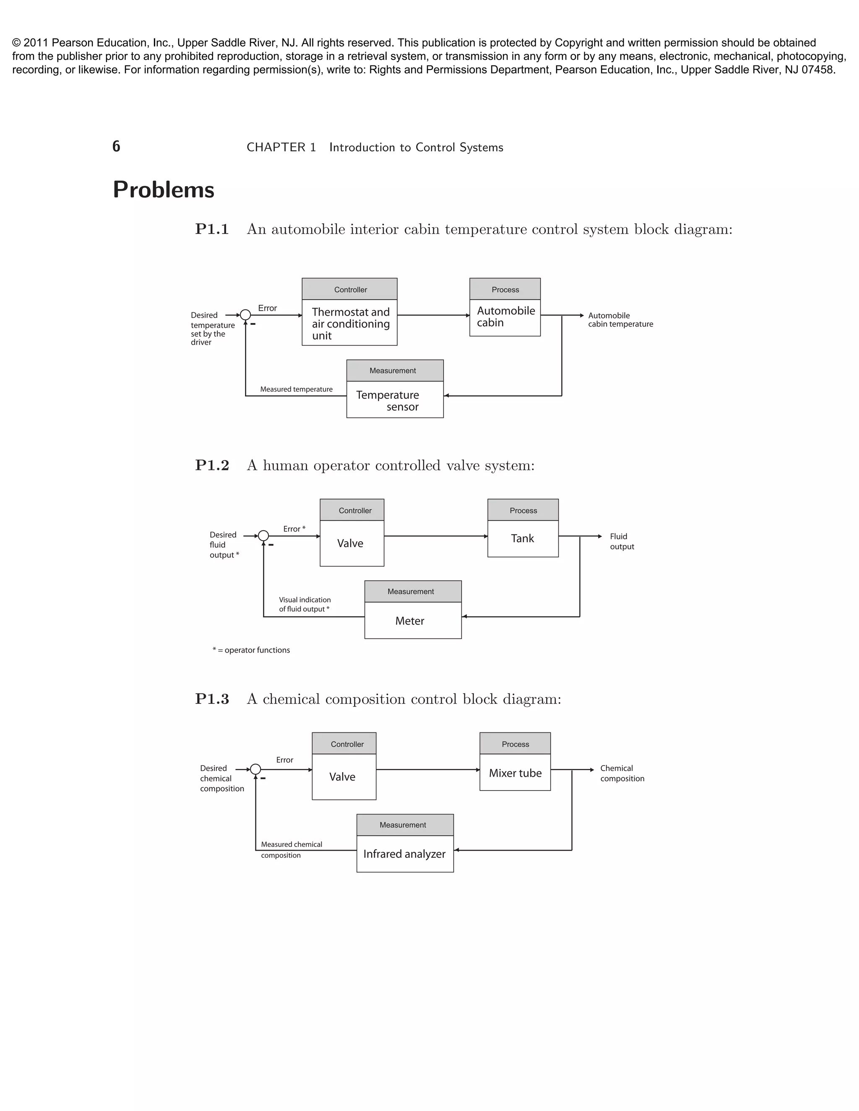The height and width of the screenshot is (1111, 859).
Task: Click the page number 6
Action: click(x=116, y=146)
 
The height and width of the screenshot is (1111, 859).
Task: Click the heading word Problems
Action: click(x=163, y=190)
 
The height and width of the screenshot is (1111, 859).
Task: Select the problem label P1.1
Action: click(x=212, y=229)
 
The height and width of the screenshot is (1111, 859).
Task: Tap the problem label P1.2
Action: click(x=212, y=465)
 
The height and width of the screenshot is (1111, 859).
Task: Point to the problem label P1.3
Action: click(x=212, y=699)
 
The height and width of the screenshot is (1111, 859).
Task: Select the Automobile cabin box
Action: click(x=505, y=317)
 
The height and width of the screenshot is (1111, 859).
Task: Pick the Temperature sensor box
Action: click(x=395, y=400)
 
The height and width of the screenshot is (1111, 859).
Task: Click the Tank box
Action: click(x=523, y=538)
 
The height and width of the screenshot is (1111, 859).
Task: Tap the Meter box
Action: click(x=413, y=620)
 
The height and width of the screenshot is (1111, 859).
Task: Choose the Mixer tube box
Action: click(x=515, y=773)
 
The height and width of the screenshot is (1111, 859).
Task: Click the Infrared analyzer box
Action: click(x=405, y=854)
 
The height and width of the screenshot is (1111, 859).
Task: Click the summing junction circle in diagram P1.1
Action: click(x=245, y=315)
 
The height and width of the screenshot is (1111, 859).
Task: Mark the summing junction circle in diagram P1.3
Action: click(x=255, y=770)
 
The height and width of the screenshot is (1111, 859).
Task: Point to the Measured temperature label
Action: click(x=296, y=389)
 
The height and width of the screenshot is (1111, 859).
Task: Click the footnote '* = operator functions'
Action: click(x=251, y=650)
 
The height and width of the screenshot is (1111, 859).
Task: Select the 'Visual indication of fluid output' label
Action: click(x=305, y=604)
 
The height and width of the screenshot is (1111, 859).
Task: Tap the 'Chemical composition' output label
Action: click(x=622, y=773)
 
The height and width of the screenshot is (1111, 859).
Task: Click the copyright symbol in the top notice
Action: click(x=17, y=43)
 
